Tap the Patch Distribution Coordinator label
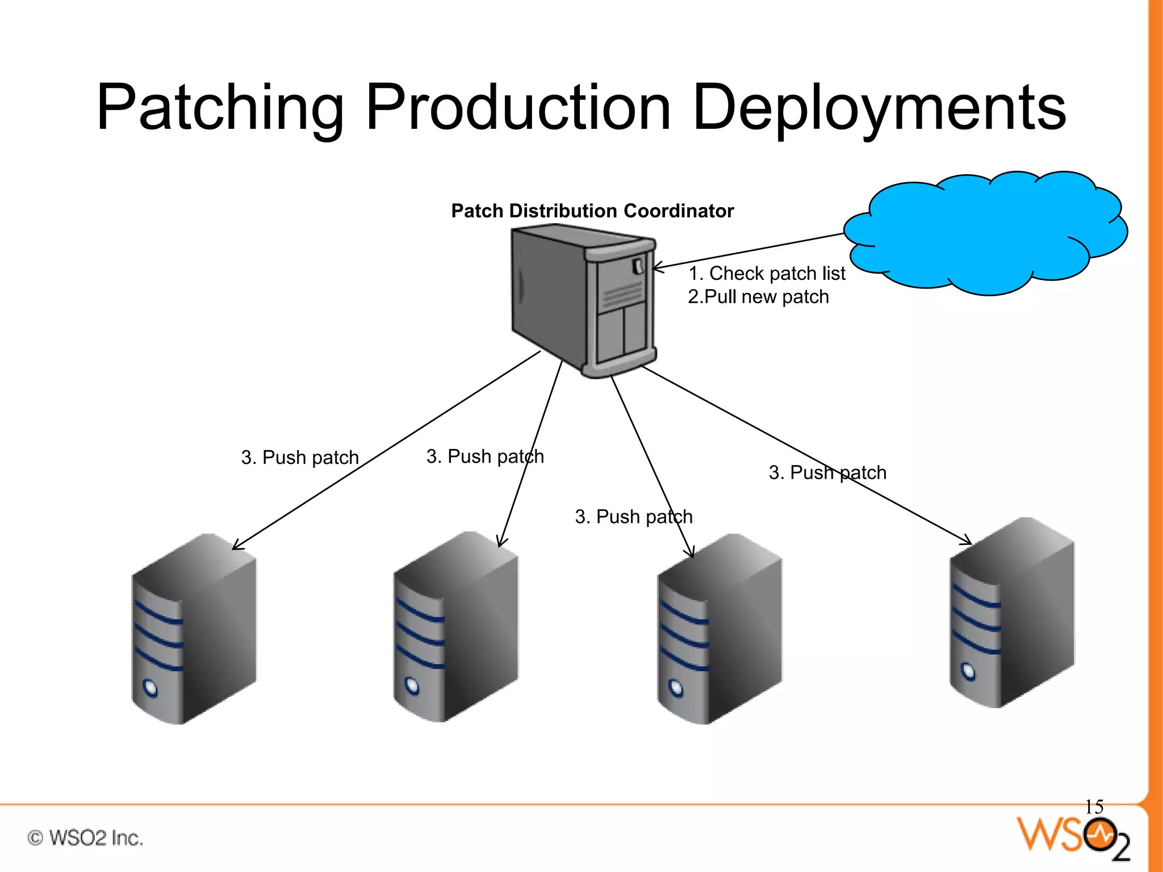592,211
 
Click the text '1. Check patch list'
767,274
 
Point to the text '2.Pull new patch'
758,297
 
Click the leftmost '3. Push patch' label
300,458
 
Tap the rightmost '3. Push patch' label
827,472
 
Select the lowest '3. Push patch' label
634,517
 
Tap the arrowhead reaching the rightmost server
967,541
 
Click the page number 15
1094,807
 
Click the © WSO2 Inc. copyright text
85,838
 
